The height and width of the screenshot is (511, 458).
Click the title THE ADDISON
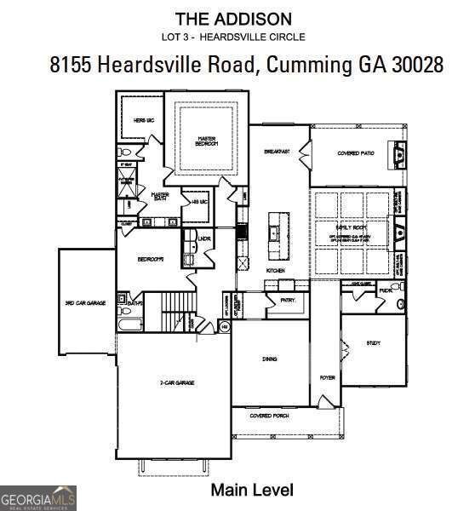(x=232, y=18)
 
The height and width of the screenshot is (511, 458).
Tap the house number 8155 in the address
(x=70, y=66)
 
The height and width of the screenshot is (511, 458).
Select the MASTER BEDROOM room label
(x=208, y=141)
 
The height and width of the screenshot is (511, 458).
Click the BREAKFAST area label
(x=278, y=152)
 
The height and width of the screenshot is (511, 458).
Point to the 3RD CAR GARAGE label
(x=85, y=302)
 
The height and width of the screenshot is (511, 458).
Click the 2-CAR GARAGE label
(x=177, y=383)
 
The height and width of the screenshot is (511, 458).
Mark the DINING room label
(x=270, y=359)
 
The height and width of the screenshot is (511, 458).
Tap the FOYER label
(x=326, y=376)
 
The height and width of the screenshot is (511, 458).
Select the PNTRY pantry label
(x=275, y=313)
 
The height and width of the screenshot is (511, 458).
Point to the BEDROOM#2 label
(x=151, y=259)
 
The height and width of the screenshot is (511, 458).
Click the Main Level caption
(x=251, y=490)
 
